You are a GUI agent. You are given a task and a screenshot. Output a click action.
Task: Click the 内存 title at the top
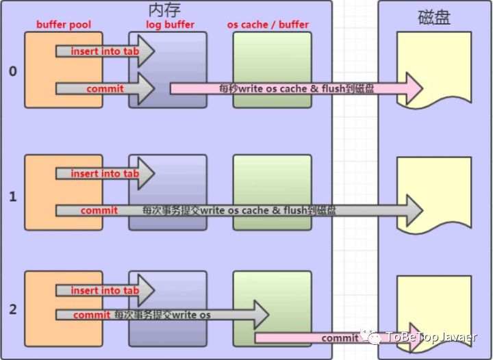164,10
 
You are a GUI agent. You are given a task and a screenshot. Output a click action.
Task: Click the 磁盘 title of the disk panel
434,18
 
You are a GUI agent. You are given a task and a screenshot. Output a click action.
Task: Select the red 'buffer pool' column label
64,25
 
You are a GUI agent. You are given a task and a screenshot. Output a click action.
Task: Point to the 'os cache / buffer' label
268,25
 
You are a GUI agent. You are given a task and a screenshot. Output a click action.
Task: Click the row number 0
12,70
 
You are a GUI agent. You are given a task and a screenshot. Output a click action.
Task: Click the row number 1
12,196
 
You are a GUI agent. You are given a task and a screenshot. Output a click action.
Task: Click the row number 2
12,309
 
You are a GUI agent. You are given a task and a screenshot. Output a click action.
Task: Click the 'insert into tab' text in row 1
105,174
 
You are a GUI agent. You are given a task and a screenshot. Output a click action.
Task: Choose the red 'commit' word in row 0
105,88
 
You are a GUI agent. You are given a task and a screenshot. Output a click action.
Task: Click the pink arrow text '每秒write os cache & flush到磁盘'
296,88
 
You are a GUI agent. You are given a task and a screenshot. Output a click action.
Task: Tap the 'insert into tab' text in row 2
105,290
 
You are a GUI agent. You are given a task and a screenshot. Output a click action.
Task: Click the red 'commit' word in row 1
99,211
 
